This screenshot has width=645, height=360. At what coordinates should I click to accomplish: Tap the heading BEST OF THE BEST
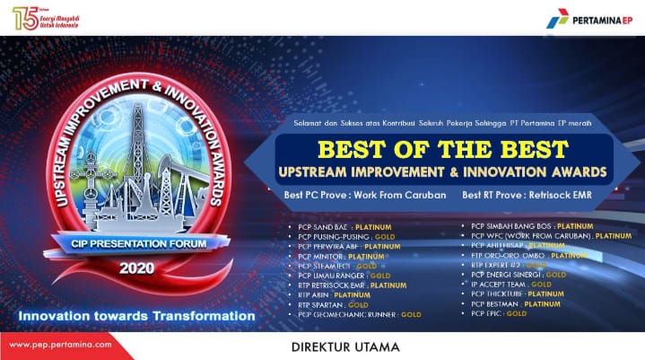coord(442,147)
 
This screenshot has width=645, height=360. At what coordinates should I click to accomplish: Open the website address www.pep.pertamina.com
coord(61,344)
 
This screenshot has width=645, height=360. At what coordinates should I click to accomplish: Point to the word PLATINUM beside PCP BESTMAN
coord(542,303)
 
